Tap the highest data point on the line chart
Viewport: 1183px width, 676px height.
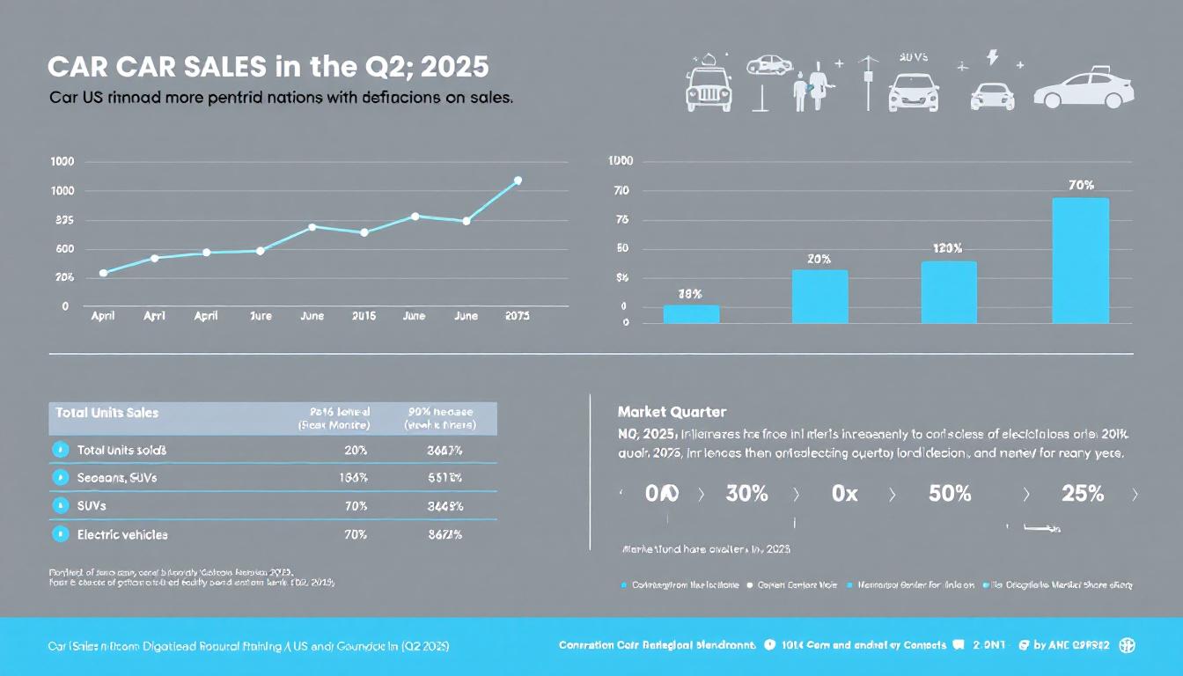(x=518, y=180)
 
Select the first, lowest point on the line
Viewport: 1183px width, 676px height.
(x=104, y=273)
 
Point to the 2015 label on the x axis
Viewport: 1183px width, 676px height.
(x=364, y=316)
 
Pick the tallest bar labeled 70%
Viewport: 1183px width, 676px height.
(x=1080, y=260)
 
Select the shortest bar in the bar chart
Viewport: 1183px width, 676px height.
(x=691, y=314)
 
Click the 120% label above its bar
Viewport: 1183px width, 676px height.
(x=947, y=248)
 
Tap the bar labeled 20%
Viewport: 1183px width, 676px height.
(x=819, y=297)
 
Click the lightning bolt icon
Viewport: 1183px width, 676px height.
(x=993, y=58)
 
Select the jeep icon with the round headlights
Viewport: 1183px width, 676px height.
(x=708, y=87)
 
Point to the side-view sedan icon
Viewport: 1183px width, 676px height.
(x=1084, y=89)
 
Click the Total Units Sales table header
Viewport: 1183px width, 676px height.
(x=107, y=412)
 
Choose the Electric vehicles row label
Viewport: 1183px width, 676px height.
(x=122, y=534)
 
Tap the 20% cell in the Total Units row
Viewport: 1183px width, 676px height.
(x=356, y=450)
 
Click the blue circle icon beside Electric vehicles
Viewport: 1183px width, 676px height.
(x=61, y=533)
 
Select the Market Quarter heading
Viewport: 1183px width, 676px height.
(x=672, y=411)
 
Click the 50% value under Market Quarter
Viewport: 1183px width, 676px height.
(x=950, y=494)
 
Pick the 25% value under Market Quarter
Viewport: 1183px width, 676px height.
(x=1083, y=494)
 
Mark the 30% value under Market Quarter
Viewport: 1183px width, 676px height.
(x=746, y=494)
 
